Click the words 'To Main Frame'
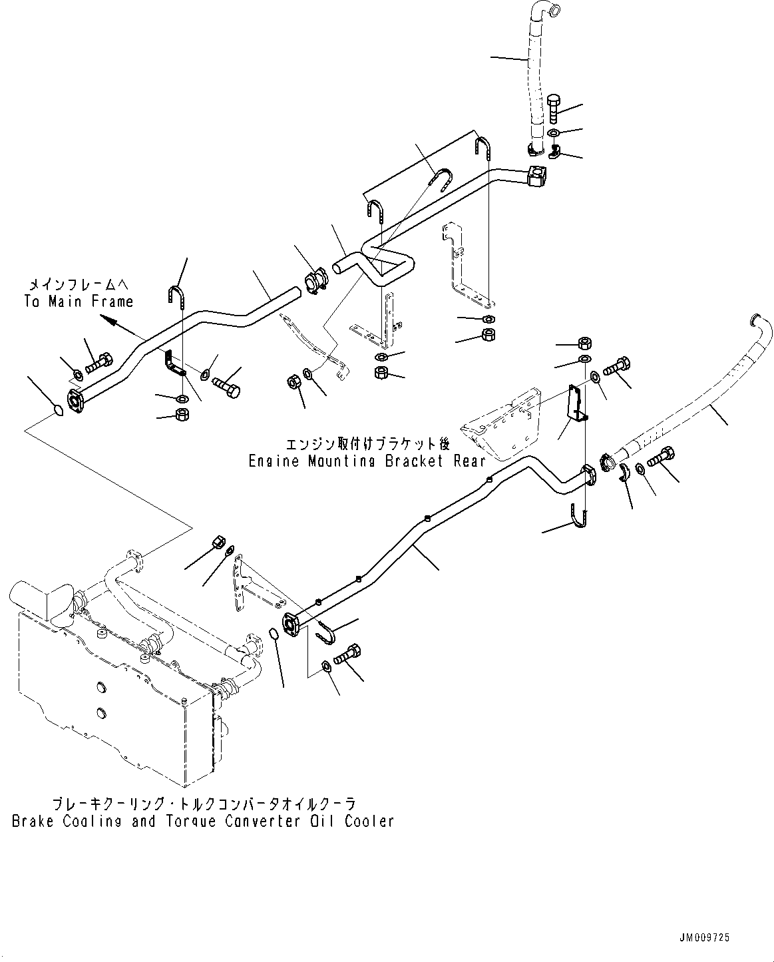79,302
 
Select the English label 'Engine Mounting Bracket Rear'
366,461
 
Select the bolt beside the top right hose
556,107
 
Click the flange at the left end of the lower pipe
291,624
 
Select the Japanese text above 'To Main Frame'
79,284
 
